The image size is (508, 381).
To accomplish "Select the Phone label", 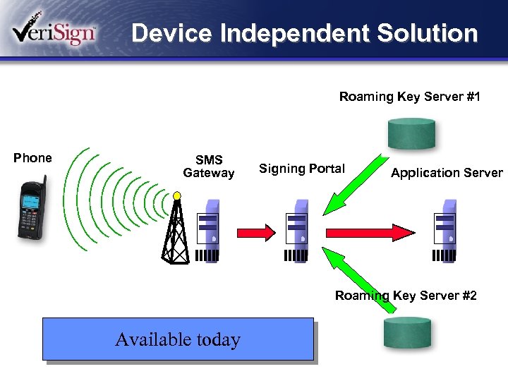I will (x=32, y=158).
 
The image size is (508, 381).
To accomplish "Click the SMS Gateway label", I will (x=208, y=167).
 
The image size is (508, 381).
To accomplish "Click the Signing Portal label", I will (x=302, y=168).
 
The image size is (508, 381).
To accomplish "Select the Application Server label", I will (x=447, y=173).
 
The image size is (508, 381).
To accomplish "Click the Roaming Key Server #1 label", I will (x=409, y=97).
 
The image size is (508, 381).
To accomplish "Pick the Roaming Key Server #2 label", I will (x=406, y=296).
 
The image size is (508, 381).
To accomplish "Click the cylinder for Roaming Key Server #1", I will (x=411, y=133).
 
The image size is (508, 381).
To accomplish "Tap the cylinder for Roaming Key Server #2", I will (x=407, y=332).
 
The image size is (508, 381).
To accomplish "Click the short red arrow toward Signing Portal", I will (x=258, y=231).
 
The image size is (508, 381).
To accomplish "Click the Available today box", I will (x=178, y=339).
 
